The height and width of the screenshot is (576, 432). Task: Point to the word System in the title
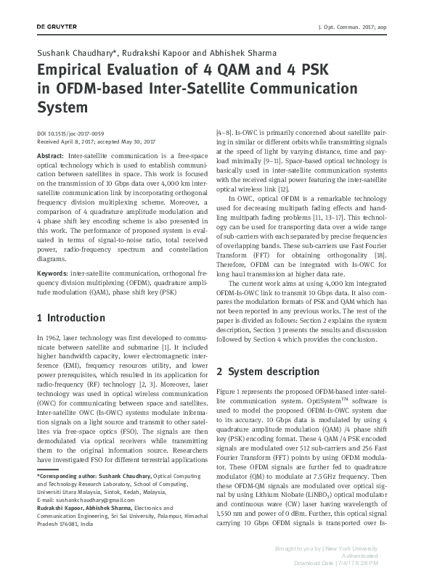[62, 107]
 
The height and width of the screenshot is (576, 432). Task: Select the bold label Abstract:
[50, 156]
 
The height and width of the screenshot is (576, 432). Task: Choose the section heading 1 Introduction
[70, 318]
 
